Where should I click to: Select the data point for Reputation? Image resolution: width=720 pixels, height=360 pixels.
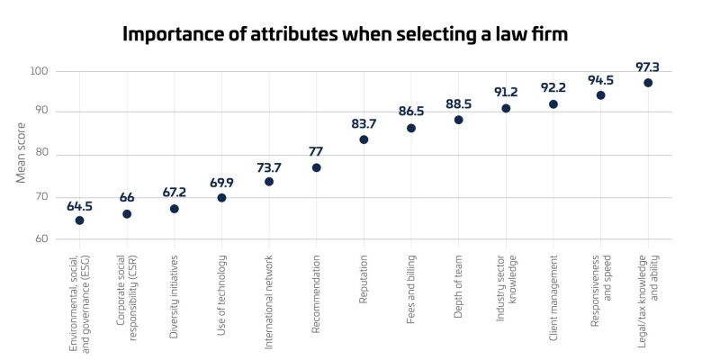tap(364, 139)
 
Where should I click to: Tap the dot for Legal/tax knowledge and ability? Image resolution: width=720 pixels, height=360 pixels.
tap(648, 83)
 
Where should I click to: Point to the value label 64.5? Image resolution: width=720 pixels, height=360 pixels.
tap(79, 206)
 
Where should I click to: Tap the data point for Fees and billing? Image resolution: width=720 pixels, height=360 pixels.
tap(411, 128)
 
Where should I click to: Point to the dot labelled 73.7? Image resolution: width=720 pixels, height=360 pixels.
tap(269, 182)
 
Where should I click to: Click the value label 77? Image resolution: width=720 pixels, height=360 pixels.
tap(316, 152)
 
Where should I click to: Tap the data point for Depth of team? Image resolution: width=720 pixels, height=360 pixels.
tap(458, 120)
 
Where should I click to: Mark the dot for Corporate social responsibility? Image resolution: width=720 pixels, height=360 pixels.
tap(127, 214)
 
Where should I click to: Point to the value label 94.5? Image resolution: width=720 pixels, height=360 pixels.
tap(600, 80)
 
